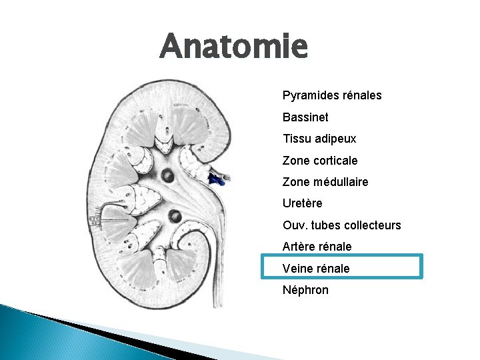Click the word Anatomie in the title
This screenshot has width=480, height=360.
click(x=234, y=47)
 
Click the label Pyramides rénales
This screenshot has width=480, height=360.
click(x=332, y=95)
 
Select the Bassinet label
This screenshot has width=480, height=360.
click(x=305, y=117)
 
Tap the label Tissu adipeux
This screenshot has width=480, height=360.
click(x=319, y=139)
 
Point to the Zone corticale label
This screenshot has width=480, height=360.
click(x=320, y=161)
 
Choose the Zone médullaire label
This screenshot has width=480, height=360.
click(x=325, y=182)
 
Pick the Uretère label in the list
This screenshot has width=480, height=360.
click(x=302, y=203)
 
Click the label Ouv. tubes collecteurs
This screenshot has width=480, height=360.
click(x=341, y=225)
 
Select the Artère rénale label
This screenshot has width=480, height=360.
click(x=317, y=247)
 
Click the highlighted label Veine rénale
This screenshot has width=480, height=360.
click(x=316, y=268)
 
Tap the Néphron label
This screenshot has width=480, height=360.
click(x=305, y=290)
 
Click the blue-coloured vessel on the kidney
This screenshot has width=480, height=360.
click(x=215, y=178)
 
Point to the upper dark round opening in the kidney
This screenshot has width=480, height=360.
click(x=168, y=175)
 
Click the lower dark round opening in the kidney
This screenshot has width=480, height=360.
click(x=175, y=216)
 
